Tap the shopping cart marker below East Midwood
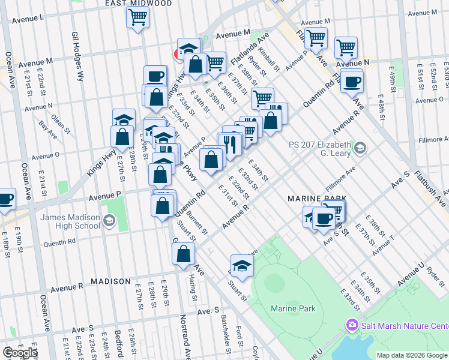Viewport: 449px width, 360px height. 137,18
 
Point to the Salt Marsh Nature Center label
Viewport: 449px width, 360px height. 403,326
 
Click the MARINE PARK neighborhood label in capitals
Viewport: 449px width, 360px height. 317,199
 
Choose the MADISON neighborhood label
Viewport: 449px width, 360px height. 110,281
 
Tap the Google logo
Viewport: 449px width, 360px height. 20,353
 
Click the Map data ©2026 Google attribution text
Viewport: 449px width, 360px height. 412,355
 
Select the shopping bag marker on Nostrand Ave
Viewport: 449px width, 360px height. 183,253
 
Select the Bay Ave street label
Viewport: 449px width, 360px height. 44,127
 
